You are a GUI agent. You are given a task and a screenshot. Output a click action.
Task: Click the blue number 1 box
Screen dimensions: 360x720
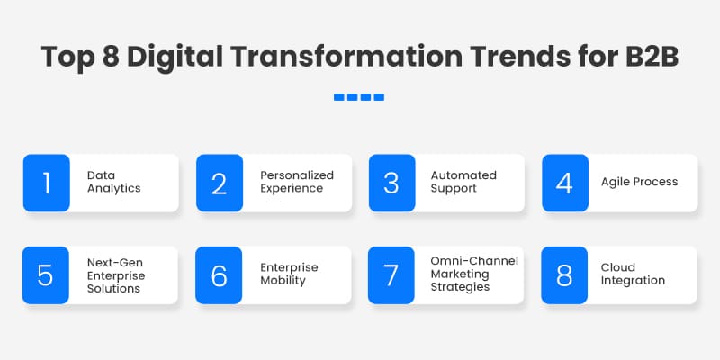46,183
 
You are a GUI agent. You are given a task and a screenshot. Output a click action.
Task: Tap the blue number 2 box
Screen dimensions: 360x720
219,183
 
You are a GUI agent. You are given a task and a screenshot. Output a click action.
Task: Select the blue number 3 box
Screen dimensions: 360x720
391,183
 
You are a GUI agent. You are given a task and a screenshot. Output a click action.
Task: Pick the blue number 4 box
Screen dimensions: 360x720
564,183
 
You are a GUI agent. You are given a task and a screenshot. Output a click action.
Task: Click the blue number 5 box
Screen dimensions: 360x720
46,274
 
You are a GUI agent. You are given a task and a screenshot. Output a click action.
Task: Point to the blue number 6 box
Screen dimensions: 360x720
219,274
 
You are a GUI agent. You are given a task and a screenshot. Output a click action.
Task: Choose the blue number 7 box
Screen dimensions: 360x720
391,274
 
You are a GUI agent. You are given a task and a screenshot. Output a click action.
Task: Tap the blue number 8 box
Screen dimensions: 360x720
564,274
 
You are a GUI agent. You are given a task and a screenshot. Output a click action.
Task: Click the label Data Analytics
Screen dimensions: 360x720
113,183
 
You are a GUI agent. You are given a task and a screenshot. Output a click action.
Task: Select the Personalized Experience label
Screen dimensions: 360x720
297,183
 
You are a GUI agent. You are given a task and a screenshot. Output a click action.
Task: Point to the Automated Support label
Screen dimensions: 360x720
463,183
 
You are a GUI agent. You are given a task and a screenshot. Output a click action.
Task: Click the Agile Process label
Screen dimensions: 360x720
639,182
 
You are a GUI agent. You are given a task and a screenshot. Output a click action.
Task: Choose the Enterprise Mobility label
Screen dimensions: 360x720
290,274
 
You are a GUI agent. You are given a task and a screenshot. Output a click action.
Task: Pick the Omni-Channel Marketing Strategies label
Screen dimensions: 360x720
474,274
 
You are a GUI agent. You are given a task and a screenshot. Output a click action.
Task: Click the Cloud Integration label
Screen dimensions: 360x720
633,274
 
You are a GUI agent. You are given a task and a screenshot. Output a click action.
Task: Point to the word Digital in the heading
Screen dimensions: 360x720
176,57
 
